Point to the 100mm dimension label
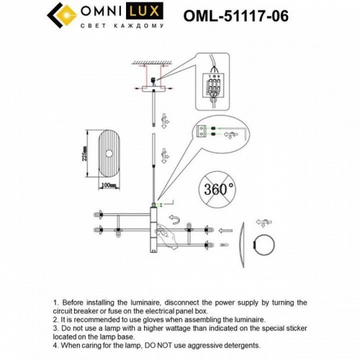pyautogui.click(x=109, y=186)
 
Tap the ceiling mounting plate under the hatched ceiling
pyautogui.click(x=155, y=89)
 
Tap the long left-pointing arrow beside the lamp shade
pyautogui.click(x=225, y=233)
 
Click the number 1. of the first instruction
pyautogui.click(x=57, y=303)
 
